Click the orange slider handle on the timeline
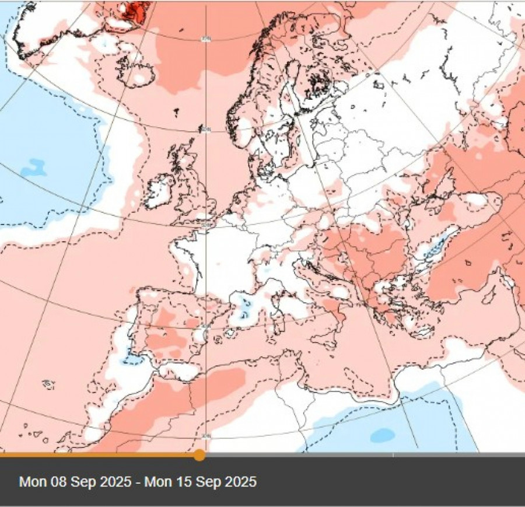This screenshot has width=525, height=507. [199, 455]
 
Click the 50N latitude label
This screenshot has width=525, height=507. [205, 224]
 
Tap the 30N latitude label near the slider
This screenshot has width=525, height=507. [205, 436]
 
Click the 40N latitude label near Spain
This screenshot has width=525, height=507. [205, 326]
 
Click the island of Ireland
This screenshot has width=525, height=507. [159, 192]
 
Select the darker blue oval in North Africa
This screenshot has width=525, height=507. [383, 435]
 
